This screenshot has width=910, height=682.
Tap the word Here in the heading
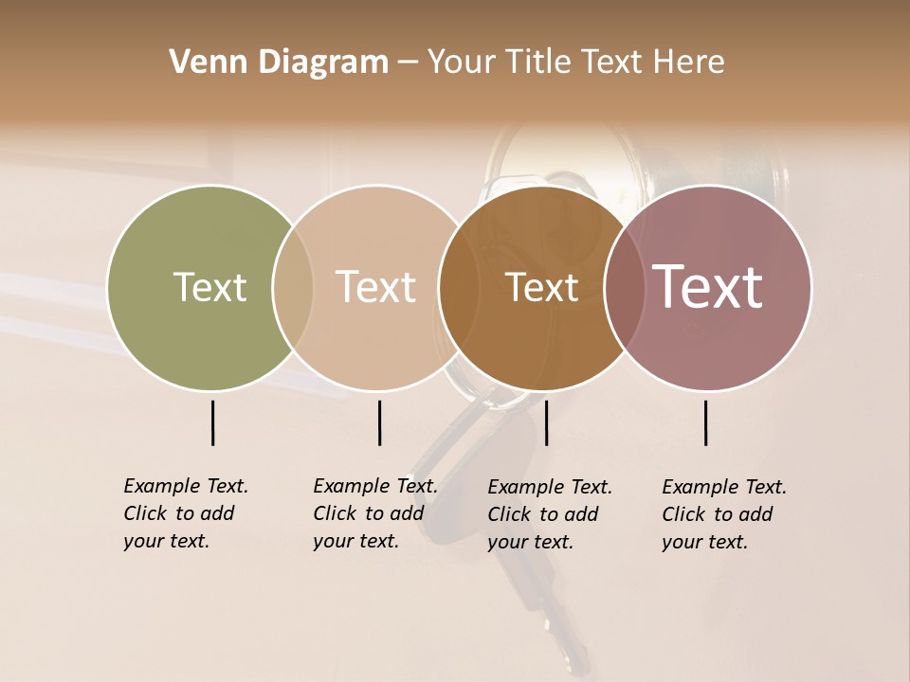point(690,63)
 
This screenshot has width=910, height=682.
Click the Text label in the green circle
point(209,287)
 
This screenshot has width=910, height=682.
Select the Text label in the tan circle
point(375,287)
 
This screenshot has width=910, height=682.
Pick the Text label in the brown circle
point(541,288)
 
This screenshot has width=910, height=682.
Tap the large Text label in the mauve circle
point(708,287)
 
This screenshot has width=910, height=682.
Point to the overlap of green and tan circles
point(293,288)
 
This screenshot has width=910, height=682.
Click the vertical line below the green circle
point(213,422)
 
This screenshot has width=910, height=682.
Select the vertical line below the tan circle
point(379,422)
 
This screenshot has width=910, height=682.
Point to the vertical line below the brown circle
point(546,422)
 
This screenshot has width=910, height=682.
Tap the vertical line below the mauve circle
point(706,422)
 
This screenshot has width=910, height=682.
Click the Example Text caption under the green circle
point(185,513)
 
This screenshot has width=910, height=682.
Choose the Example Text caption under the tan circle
point(374,513)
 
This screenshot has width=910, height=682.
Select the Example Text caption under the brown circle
point(549,514)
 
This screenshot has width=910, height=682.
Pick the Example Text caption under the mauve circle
point(723,514)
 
